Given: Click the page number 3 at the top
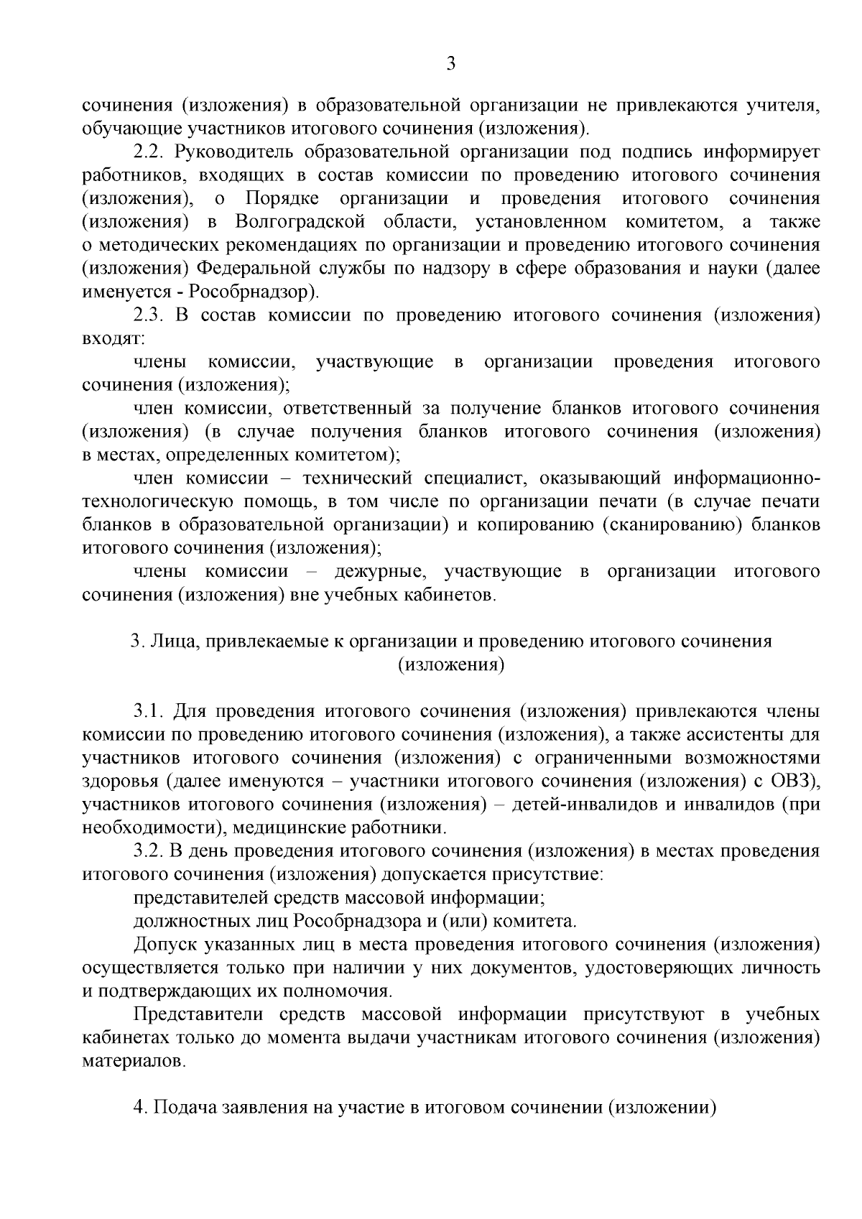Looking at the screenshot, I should click(x=451, y=64).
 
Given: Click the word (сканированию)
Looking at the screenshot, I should click(x=672, y=525).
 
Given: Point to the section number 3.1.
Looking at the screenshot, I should click(x=149, y=711).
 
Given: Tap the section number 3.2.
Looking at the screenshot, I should click(x=149, y=850).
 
